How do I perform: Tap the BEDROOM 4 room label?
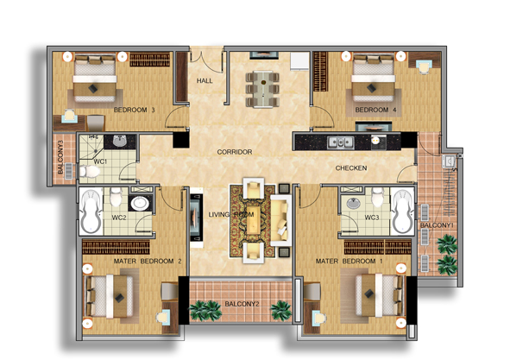pos(375,111)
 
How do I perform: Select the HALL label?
pos(205,80)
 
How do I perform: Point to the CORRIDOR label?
pos(234,152)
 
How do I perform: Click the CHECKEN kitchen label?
pos(351,168)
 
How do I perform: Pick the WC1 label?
pos(100,161)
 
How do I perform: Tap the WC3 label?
pos(372,218)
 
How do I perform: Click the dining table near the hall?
pos(261,85)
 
